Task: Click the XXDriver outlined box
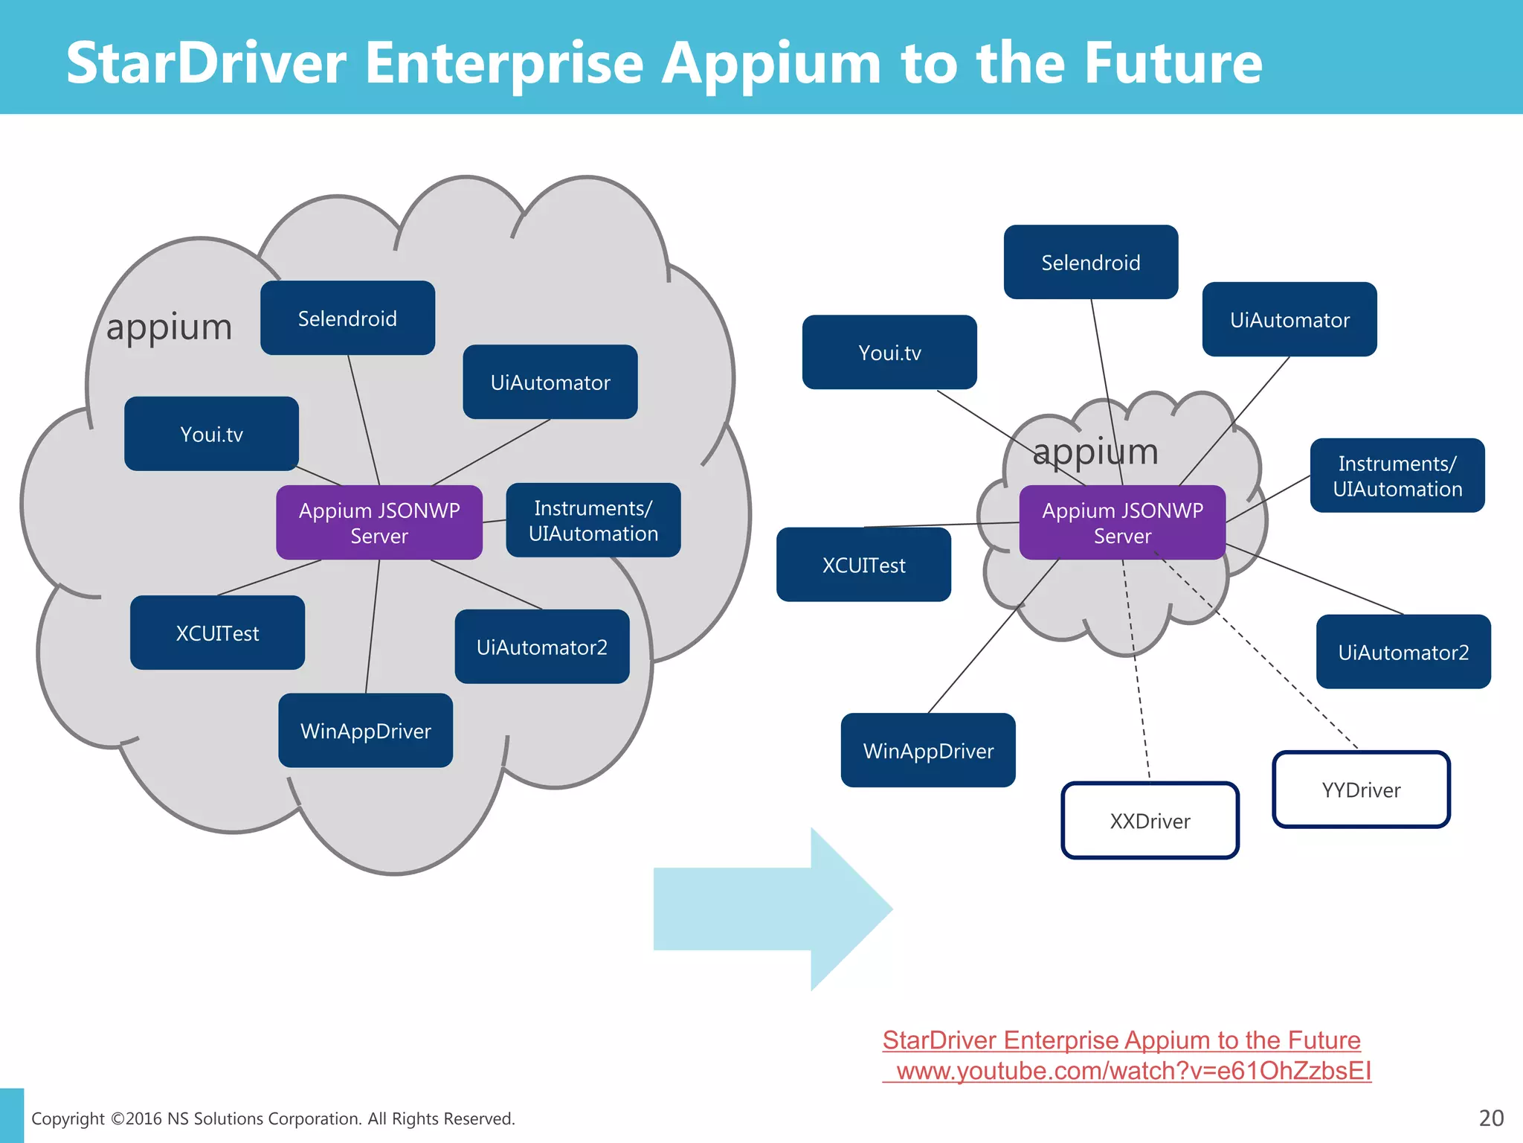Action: [1150, 821]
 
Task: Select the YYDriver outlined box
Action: [1361, 790]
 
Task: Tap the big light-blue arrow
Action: [773, 909]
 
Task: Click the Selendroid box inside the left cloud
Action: [347, 318]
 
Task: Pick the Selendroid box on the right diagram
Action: [1090, 263]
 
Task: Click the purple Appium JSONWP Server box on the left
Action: [379, 522]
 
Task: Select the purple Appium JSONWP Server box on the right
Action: [1122, 522]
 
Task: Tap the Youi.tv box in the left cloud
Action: [211, 434]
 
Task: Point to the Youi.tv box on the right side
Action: [889, 353]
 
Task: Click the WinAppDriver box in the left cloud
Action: [365, 731]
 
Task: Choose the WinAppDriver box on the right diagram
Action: [928, 751]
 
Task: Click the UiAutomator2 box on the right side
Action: [1403, 652]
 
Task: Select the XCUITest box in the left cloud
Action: [217, 633]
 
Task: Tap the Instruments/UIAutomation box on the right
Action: [1397, 476]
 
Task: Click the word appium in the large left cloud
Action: [170, 327]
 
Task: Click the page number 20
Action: [1491, 1118]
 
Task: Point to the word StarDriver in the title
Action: [206, 63]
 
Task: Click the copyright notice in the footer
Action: [273, 1118]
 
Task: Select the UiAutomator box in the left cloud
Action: [550, 382]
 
